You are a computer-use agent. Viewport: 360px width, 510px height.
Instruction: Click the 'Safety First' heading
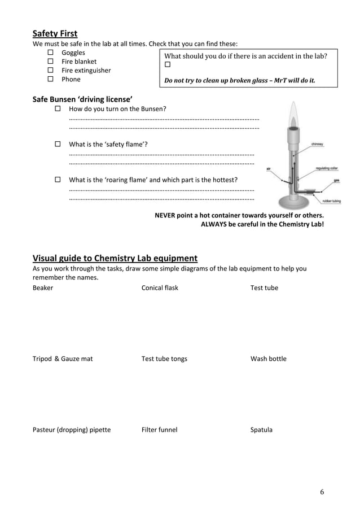click(x=55, y=33)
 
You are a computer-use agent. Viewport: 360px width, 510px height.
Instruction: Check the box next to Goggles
click(x=50, y=53)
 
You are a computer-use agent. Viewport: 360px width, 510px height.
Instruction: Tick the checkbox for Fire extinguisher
click(x=50, y=71)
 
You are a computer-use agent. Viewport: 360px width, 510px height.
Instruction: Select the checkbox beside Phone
click(x=50, y=80)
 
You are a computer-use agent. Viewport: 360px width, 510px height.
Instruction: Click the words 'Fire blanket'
click(x=78, y=62)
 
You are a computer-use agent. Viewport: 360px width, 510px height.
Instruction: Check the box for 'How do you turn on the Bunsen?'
click(x=58, y=108)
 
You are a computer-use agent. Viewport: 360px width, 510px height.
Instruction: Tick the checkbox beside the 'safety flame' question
click(x=58, y=144)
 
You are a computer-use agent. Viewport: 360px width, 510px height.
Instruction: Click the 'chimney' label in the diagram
click(x=317, y=145)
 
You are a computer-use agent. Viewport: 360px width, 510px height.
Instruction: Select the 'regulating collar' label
click(x=327, y=168)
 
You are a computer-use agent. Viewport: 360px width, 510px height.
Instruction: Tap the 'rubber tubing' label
click(x=331, y=200)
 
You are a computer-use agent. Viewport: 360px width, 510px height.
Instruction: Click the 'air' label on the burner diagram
click(x=269, y=168)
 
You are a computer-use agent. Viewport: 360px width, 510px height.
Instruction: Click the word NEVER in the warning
click(x=166, y=215)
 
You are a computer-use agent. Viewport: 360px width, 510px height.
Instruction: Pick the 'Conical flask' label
click(x=160, y=288)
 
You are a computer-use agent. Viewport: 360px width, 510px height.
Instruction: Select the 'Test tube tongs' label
click(x=164, y=359)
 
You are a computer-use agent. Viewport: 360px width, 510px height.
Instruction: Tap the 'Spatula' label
click(x=261, y=430)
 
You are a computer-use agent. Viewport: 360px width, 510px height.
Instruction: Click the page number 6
click(x=322, y=491)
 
